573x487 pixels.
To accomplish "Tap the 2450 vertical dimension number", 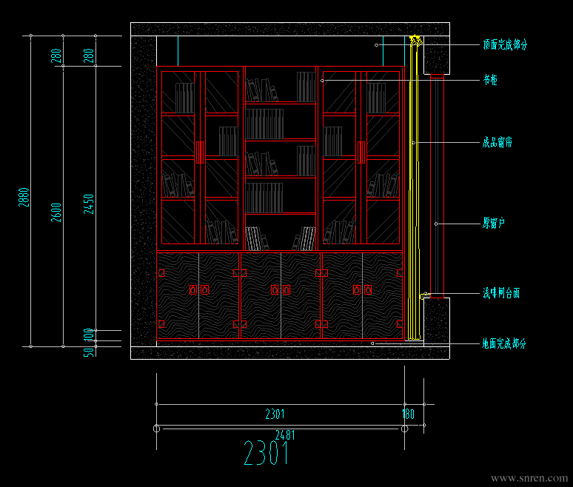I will (x=90, y=204).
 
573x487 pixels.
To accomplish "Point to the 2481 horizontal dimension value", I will (x=285, y=434).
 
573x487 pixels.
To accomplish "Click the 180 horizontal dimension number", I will (x=408, y=414).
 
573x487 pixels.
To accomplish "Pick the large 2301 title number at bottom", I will (x=267, y=453).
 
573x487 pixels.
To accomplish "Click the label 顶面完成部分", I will (x=505, y=45).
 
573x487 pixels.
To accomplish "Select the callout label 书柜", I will (x=490, y=80).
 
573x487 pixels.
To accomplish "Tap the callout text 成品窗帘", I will (x=497, y=142).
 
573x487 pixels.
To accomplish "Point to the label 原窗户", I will (x=494, y=223).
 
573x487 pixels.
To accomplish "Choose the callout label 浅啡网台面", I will (x=501, y=294).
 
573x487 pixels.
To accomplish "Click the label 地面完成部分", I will (x=504, y=344).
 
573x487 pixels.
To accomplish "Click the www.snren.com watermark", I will (x=529, y=479).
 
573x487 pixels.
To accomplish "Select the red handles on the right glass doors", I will (x=361, y=152).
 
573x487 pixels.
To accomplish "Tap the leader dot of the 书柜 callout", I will (x=323, y=80).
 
